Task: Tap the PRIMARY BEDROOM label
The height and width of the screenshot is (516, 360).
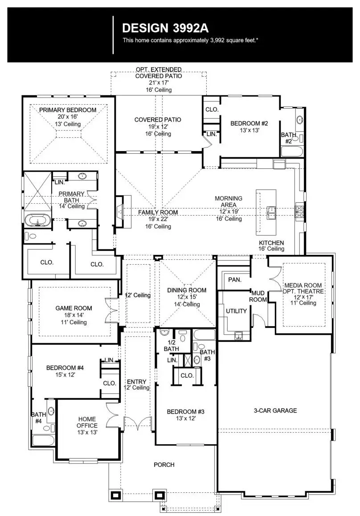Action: pyautogui.click(x=67, y=110)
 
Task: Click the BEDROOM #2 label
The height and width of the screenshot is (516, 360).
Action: pyautogui.click(x=249, y=123)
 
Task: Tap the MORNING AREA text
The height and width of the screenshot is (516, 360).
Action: pyautogui.click(x=228, y=201)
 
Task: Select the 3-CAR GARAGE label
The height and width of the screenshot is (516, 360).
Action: pyautogui.click(x=275, y=410)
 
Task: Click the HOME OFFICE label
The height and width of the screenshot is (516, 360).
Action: pyautogui.click(x=87, y=422)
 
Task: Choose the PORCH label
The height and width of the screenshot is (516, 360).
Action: pyautogui.click(x=164, y=465)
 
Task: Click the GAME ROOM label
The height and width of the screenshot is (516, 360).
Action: pyautogui.click(x=74, y=308)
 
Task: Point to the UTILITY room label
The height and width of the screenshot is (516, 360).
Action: pyautogui.click(x=236, y=311)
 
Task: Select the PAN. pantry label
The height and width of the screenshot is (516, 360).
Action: pyautogui.click(x=234, y=280)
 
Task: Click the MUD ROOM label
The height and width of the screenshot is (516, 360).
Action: pyautogui.click(x=258, y=296)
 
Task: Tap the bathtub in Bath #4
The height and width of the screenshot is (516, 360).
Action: pyautogui.click(x=43, y=441)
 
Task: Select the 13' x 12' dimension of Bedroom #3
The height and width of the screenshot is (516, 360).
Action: pyautogui.click(x=185, y=418)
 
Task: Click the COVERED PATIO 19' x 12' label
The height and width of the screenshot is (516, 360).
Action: pyautogui.click(x=158, y=127)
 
